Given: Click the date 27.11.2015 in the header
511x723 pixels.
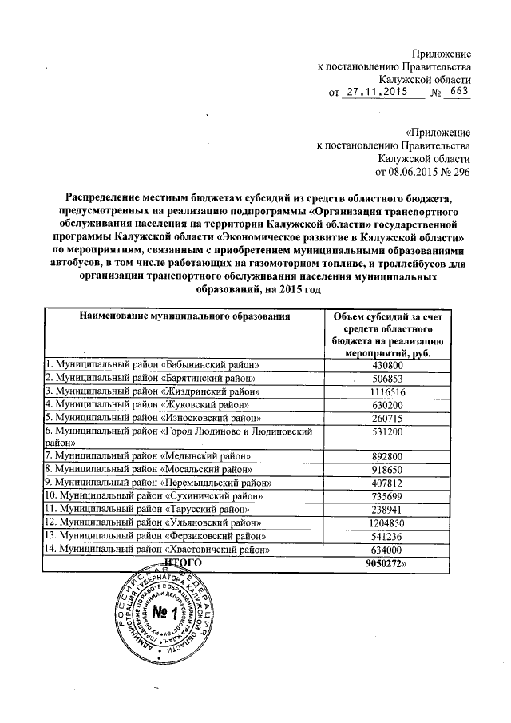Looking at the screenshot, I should (375, 93).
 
